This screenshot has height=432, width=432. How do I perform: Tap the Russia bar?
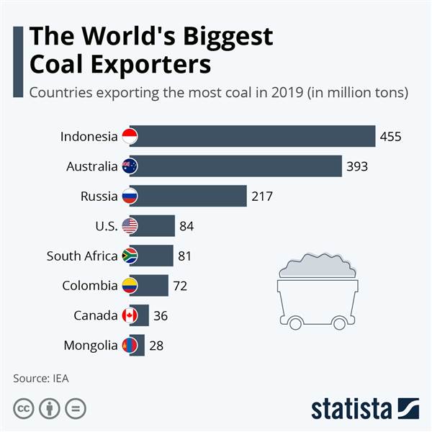[x=192, y=196]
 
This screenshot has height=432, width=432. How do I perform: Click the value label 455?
[x=391, y=137]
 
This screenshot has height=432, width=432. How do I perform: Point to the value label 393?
[x=357, y=166]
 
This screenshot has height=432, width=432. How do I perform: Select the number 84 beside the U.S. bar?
[x=187, y=226]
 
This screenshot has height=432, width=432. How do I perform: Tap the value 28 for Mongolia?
[x=156, y=346]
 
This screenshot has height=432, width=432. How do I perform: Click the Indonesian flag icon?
[x=130, y=137]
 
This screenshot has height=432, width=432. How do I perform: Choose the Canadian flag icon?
[x=130, y=315]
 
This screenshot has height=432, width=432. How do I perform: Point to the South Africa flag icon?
[x=130, y=256]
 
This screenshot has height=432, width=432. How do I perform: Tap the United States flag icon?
[x=130, y=226]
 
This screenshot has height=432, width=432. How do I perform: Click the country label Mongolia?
[x=90, y=346]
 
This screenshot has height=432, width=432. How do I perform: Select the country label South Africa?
[x=81, y=256]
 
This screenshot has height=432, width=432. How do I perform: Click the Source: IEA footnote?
[x=41, y=377]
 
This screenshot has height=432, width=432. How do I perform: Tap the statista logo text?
[x=354, y=408]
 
